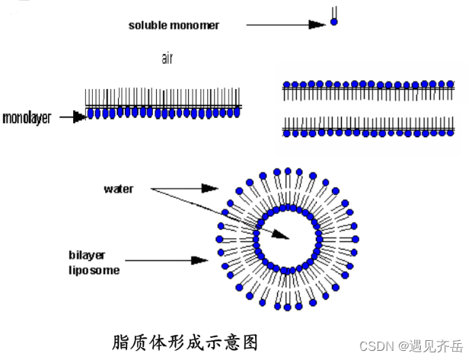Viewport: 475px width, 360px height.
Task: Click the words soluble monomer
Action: (174, 25)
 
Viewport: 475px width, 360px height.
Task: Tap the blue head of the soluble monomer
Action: (333, 23)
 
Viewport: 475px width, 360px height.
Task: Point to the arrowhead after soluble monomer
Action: (317, 25)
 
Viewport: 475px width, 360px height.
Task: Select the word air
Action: (167, 59)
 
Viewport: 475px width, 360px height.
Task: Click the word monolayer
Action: (27, 118)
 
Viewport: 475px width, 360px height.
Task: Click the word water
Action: (118, 188)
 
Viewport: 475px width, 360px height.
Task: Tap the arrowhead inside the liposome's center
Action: (282, 237)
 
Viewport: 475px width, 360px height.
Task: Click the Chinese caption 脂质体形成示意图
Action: (190, 339)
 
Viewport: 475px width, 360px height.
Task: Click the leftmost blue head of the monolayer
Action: (92, 113)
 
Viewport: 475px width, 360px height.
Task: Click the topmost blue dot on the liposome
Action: (288, 170)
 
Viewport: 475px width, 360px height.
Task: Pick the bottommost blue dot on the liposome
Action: (288, 308)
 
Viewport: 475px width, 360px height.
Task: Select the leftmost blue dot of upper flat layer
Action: (286, 84)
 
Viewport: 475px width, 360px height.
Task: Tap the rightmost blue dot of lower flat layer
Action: (452, 132)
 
